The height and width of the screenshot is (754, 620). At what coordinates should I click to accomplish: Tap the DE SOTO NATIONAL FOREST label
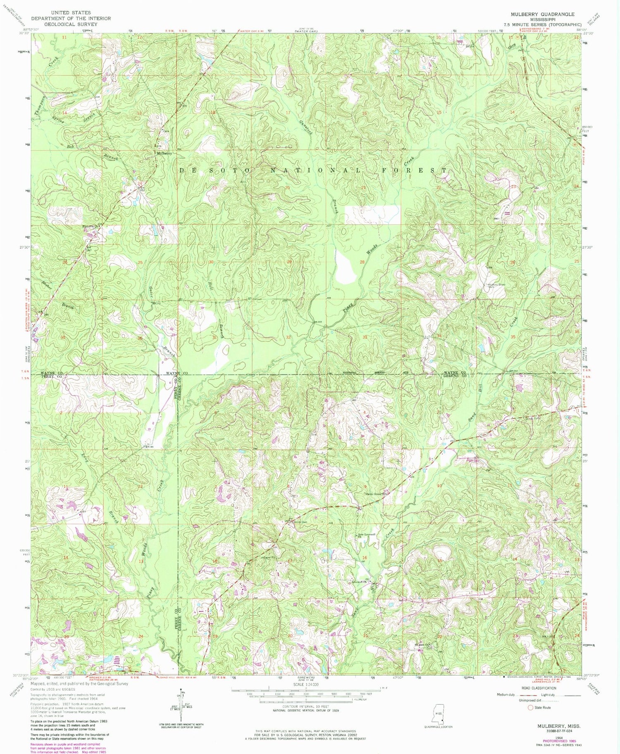click(313, 170)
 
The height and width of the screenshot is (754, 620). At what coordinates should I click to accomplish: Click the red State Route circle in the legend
click(531, 708)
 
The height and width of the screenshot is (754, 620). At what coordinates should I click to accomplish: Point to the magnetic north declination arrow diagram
click(181, 702)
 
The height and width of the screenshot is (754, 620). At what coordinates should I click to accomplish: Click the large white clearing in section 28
click(346, 267)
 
